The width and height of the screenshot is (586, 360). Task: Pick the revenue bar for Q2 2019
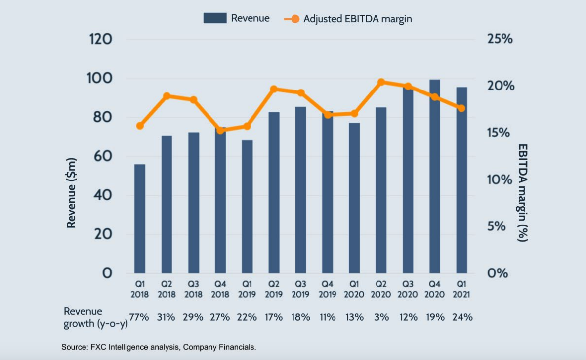pyautogui.click(x=274, y=193)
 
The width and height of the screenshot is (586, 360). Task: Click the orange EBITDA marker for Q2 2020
pyautogui.click(x=381, y=83)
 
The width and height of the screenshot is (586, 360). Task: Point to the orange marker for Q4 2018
pyautogui.click(x=220, y=130)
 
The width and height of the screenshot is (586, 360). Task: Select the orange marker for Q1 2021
pyautogui.click(x=461, y=108)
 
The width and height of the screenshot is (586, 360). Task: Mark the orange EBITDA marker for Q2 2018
pyautogui.click(x=167, y=96)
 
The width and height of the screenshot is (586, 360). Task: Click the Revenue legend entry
pyautogui.click(x=237, y=18)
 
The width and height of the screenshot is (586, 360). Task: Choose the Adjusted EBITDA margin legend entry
pyautogui.click(x=348, y=19)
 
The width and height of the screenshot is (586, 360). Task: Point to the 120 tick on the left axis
pyautogui.click(x=100, y=40)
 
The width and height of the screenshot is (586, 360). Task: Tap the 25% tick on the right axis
pyautogui.click(x=500, y=40)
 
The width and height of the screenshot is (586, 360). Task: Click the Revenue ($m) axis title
pyautogui.click(x=71, y=195)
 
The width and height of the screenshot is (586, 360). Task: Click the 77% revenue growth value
pyautogui.click(x=139, y=317)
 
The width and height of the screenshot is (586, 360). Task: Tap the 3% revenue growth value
pyautogui.click(x=381, y=317)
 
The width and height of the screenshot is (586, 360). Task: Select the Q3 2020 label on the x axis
pyautogui.click(x=408, y=290)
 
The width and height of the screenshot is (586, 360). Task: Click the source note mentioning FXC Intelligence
pyautogui.click(x=159, y=347)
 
